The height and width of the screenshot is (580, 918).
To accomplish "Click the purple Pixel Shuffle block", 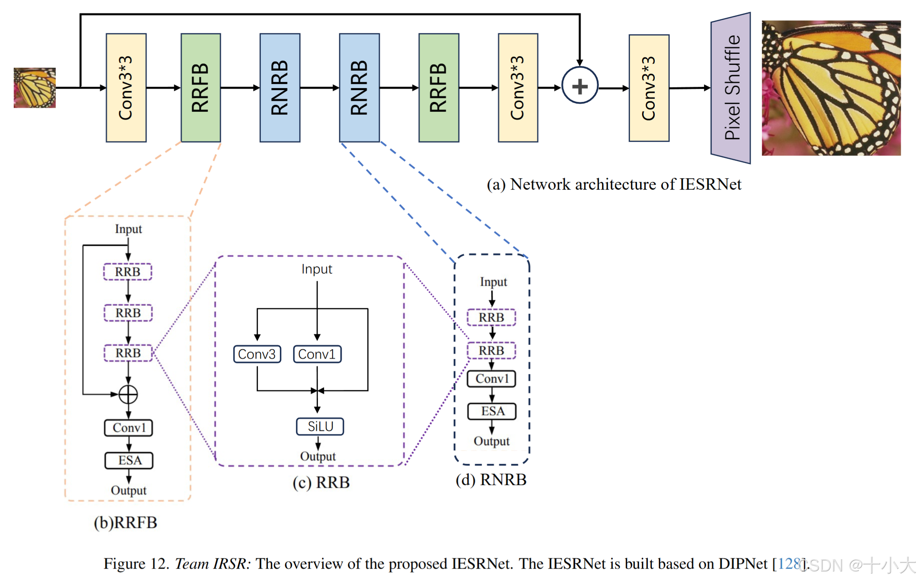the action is coord(730,88).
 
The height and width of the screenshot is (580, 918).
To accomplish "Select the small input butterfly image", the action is coord(35,88).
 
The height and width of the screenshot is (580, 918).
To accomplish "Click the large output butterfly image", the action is coord(831,88).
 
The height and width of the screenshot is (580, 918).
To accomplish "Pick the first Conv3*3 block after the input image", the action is coord(126,88).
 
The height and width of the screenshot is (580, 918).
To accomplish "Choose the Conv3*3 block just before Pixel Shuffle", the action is coord(649,88).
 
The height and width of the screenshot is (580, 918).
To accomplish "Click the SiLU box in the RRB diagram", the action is coord(320,427).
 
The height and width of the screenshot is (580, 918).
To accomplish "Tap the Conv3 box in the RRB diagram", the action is coord(257,354).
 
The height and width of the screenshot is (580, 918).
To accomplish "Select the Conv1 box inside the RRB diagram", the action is coord(317,354).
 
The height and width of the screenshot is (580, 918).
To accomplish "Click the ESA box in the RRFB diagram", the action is coord(129,460).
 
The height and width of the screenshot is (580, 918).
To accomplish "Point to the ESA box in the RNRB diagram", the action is coord(492,411).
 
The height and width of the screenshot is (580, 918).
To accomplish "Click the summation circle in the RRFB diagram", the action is coord(128,394).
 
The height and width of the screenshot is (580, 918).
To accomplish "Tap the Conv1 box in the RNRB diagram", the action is coord(491,379).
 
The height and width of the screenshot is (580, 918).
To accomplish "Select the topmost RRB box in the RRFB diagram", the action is coord(128,272).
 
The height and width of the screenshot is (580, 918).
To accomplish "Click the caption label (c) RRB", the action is coord(321,482).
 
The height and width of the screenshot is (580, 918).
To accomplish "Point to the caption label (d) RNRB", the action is coord(491,480).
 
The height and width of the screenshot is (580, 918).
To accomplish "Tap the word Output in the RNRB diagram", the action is coord(492,441).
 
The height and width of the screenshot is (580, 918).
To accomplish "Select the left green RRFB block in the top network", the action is coord(201,88).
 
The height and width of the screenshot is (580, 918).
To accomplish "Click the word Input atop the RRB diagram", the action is coord(317,269).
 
